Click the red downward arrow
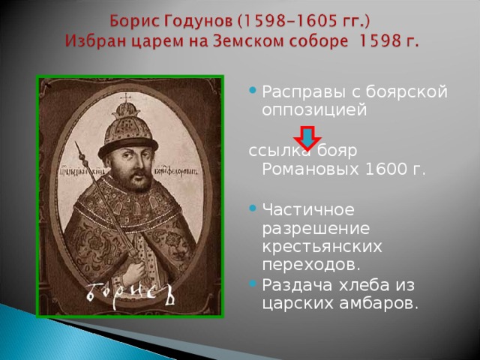307,138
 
